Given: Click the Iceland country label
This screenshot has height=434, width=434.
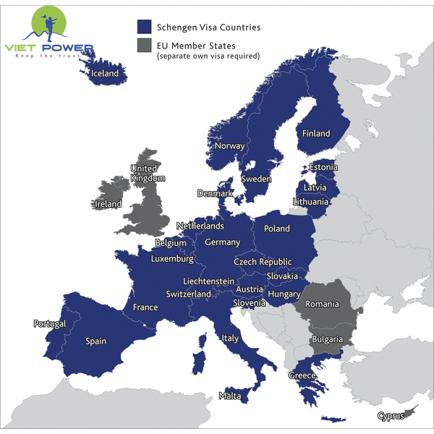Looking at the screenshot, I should point(104,73).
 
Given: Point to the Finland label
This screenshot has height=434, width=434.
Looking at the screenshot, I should point(316,134).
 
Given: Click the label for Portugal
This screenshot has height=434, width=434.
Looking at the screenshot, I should point(50,323).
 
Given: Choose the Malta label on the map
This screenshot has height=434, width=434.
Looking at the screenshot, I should point(229,396).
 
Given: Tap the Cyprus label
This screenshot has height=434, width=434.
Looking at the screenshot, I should point(391,416).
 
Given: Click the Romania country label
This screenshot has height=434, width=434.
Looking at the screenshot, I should point(322,304).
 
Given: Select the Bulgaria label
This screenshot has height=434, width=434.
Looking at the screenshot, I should point(327,339).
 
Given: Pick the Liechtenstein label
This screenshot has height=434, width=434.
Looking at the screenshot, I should point(208,281).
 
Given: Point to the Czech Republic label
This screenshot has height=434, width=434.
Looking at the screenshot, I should point(263,261).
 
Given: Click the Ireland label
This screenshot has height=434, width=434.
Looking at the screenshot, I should point(109,204).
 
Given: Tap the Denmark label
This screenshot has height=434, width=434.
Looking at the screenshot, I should point(216,193).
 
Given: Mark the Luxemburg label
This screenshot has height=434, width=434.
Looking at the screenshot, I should point(172,258).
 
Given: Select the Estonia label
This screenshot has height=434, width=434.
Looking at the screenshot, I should point(323,167).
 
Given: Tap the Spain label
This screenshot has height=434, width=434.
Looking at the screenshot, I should point(95,341).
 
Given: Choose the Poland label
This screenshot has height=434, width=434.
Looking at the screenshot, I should point(276,229).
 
